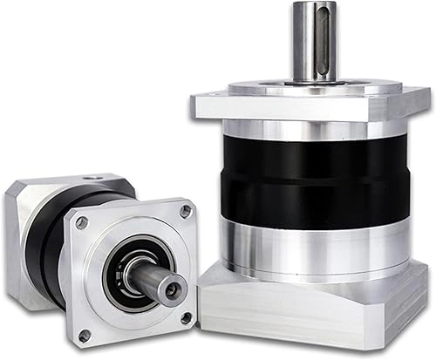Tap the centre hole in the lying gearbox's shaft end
(x=175, y=286)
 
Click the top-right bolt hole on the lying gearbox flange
(x=185, y=211)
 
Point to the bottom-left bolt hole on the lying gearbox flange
(x=85, y=334)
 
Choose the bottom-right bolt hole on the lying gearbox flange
(x=186, y=318)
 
